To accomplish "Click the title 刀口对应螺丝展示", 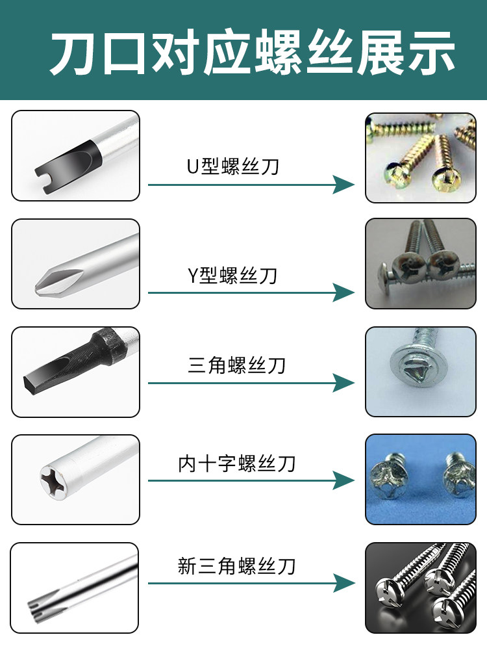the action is tap(252, 53).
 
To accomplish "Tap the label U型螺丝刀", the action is tap(233, 166).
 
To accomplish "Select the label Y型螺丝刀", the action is tap(232, 275).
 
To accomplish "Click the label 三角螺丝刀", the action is tap(236, 365).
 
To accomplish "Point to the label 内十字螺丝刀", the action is tap(237, 463).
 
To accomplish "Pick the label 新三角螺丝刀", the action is tap(236, 566).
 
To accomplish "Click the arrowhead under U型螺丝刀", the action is tap(343, 185).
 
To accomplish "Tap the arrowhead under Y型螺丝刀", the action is tap(343, 292).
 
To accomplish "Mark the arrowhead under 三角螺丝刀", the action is tap(343, 383).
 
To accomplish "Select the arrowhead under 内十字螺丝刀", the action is tap(343, 480).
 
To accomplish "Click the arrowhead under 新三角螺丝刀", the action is tap(343, 583).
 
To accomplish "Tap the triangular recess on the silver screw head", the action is tap(414, 370).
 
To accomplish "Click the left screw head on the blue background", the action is tap(388, 476).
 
